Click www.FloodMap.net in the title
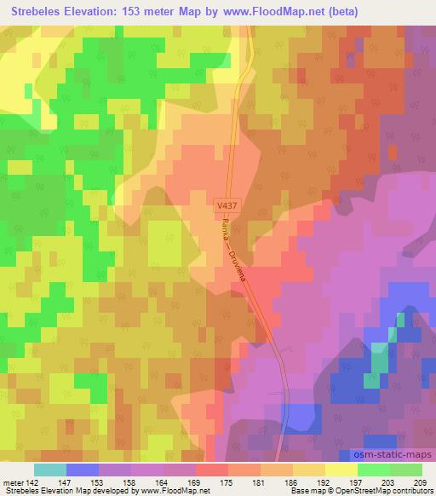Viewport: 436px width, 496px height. click(x=262, y=12)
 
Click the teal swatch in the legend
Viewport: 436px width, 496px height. click(x=50, y=470)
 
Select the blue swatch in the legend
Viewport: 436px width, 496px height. click(x=83, y=470)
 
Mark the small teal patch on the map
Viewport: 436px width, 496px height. click(x=375, y=362)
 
